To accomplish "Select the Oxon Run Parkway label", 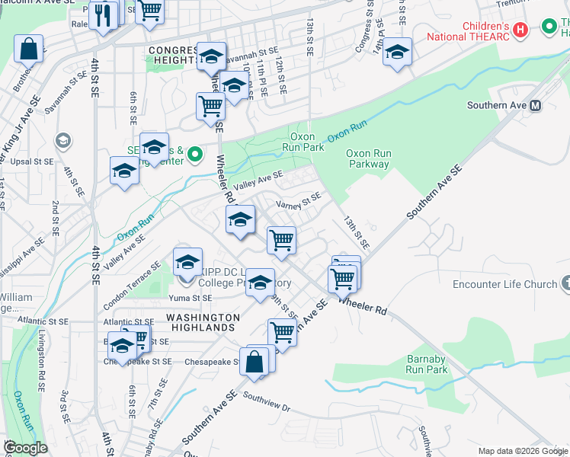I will (369, 158).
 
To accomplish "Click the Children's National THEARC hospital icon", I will (520, 30).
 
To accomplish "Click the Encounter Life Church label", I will (504, 284).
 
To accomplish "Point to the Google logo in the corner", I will (26, 448).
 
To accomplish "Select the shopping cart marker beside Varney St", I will (282, 240).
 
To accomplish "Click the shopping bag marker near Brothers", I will (28, 50).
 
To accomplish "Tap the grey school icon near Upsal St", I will (62, 141).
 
